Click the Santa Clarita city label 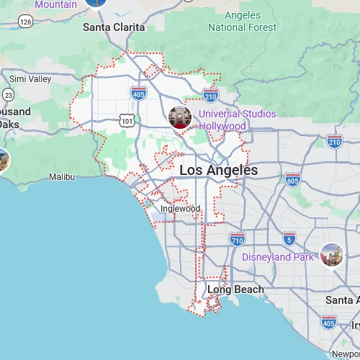click(114, 27)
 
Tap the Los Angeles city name click(218, 171)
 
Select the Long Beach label click(235, 289)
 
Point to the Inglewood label click(180, 209)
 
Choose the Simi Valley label click(30, 78)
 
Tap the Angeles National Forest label click(242, 22)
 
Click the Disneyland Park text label click(278, 257)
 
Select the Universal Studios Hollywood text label click(237, 120)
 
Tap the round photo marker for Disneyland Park click(331, 254)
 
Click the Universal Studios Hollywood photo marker click(179, 117)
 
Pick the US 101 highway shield click(127, 122)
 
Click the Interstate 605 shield click(292, 179)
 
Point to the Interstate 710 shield click(238, 238)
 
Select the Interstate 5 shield click(289, 238)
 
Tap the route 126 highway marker click(26, 22)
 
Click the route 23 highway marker click(8, 94)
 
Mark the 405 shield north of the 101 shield click(139, 93)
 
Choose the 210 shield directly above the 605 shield click(334, 142)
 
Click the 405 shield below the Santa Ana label click(329, 323)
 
